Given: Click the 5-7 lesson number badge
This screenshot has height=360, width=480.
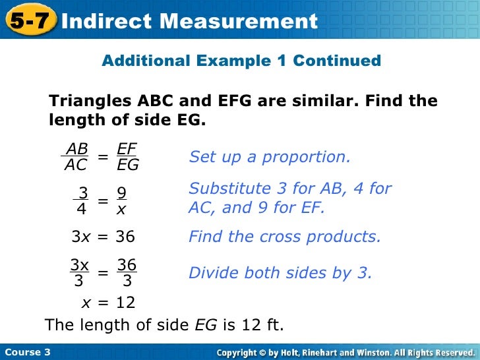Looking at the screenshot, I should point(30,21).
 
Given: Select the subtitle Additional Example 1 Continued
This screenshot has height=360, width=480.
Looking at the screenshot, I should point(241,61).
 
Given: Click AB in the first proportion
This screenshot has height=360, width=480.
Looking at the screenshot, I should point(77,149).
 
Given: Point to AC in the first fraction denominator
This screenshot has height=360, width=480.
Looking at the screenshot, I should point(76,165).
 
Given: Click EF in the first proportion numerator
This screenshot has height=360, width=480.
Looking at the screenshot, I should point(127,149).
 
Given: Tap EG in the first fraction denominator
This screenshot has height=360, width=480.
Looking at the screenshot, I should point(128,165).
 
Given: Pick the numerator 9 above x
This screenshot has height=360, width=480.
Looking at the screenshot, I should point(121,193).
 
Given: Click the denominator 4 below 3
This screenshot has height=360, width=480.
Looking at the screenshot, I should point(81,210).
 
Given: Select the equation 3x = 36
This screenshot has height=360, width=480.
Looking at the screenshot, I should point(103,237).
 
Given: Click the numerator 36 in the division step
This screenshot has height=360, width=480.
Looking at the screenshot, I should point(127,265).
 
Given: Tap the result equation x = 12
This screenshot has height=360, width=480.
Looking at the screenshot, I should point(107,303).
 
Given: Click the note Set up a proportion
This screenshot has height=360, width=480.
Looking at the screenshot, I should point(270,158).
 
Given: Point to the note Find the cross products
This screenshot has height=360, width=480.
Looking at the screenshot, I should point(285,237).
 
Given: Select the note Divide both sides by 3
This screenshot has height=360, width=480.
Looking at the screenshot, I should point(280,273).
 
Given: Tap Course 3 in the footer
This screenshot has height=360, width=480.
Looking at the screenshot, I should point(28,352).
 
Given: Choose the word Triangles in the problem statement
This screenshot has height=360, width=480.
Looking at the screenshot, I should point(91,102).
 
